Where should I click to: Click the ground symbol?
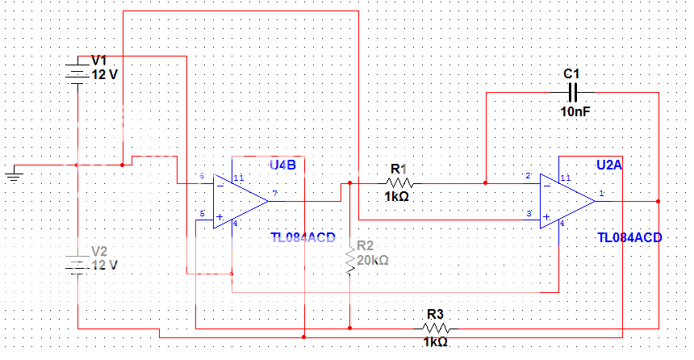pos(14,172)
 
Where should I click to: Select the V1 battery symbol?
pos(76,72)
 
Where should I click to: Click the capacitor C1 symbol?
pos(573,92)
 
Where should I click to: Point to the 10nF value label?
pos(575,111)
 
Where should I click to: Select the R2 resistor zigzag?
pos(349,261)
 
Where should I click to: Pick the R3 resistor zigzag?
pos(436,328)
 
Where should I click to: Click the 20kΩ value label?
pos(373,261)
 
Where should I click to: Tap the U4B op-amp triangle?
pos(238,200)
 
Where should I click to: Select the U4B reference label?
pos(282,165)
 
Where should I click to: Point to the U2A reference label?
pos(609,165)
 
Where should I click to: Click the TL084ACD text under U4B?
pos(306,237)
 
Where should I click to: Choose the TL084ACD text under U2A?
pos(629,237)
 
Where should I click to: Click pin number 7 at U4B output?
pos(275,193)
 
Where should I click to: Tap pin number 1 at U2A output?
pos(601,193)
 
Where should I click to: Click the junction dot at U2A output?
pos(658,201)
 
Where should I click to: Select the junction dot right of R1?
pos(486,183)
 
